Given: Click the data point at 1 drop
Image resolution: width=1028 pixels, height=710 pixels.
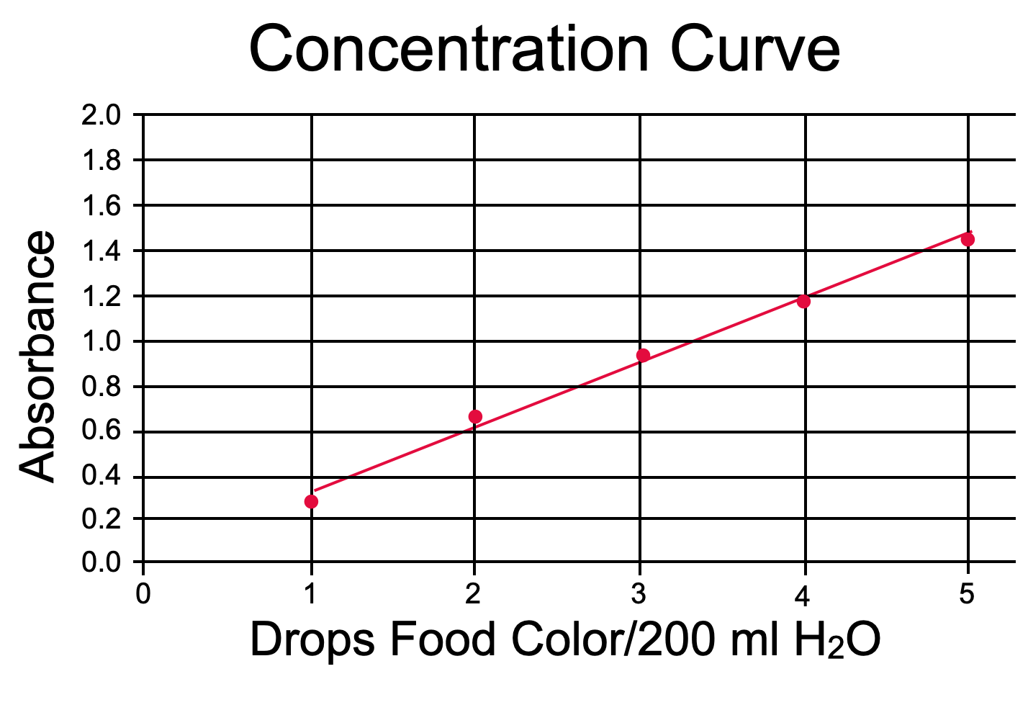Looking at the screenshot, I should click(x=311, y=501).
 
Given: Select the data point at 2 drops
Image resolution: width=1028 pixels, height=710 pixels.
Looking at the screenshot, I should click(x=475, y=416).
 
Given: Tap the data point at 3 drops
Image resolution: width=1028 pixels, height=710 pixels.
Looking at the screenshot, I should click(x=644, y=355).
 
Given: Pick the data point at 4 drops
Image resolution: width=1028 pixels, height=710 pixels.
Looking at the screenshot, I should click(x=803, y=301).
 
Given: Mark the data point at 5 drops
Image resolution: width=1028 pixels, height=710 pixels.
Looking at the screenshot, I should click(x=968, y=239).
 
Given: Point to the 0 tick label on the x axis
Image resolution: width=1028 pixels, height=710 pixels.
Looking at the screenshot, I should click(x=143, y=594).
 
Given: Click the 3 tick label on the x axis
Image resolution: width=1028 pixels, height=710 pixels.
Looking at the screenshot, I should click(x=639, y=594).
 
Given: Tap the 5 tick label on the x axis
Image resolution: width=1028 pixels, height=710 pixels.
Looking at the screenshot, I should click(x=967, y=594).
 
